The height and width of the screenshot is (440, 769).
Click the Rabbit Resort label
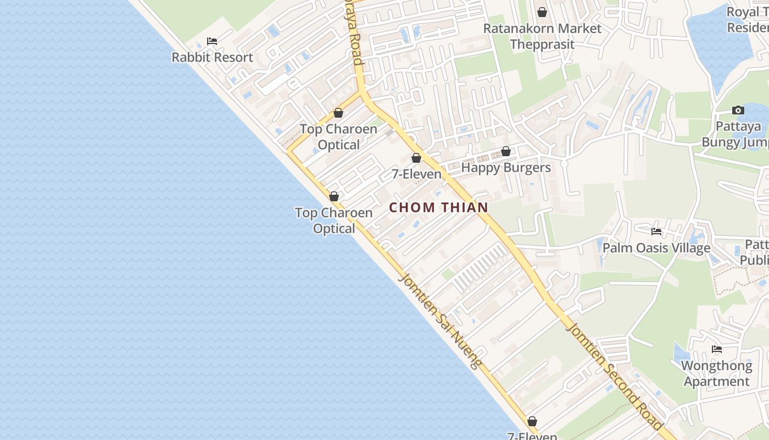(x=212, y=57)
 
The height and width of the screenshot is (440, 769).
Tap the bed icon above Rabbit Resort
(x=212, y=41)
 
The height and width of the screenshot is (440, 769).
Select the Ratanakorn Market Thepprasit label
(x=542, y=36)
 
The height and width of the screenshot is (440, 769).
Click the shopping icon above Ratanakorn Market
(x=542, y=12)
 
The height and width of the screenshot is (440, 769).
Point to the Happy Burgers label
(x=505, y=168)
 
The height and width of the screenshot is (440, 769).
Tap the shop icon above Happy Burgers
(x=506, y=151)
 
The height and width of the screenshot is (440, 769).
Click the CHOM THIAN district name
(x=439, y=207)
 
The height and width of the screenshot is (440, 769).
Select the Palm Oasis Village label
(x=656, y=248)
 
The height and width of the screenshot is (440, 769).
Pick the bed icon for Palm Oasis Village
(x=656, y=232)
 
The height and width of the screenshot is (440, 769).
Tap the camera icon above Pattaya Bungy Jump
(x=738, y=111)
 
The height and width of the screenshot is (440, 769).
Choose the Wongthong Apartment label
(x=716, y=373)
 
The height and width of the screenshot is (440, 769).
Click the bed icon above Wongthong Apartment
(x=716, y=349)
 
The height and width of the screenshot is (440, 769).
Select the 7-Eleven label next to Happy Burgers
(x=416, y=174)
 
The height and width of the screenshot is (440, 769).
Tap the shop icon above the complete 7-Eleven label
(x=416, y=158)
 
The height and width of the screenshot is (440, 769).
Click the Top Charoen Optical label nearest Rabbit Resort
(x=338, y=137)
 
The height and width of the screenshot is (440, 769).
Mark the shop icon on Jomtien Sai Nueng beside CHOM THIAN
(x=334, y=196)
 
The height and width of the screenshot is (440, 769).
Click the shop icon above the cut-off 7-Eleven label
(x=532, y=422)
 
